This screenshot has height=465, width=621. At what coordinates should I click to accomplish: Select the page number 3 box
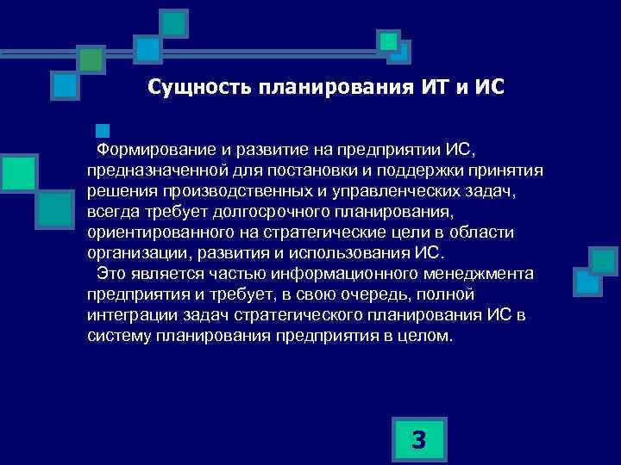[x=418, y=440]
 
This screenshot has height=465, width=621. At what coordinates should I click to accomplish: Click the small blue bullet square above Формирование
[x=103, y=132]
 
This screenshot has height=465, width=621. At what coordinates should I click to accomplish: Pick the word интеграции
[x=127, y=315]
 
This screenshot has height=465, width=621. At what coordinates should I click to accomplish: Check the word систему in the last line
[x=119, y=336]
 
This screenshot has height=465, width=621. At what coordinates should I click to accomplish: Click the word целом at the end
[x=419, y=336]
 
